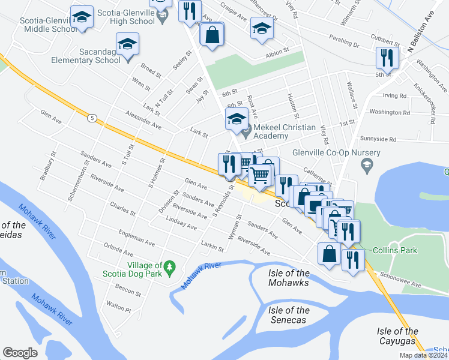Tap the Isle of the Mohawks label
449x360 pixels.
(x=289, y=278)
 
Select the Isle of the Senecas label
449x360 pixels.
(x=289, y=315)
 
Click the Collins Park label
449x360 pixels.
(x=391, y=250)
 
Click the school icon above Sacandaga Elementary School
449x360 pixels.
(x=127, y=44)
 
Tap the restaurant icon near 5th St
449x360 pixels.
(x=385, y=58)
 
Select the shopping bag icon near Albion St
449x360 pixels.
(x=212, y=34)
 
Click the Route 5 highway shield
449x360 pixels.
(x=92, y=118)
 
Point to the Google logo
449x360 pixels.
(x=20, y=353)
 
